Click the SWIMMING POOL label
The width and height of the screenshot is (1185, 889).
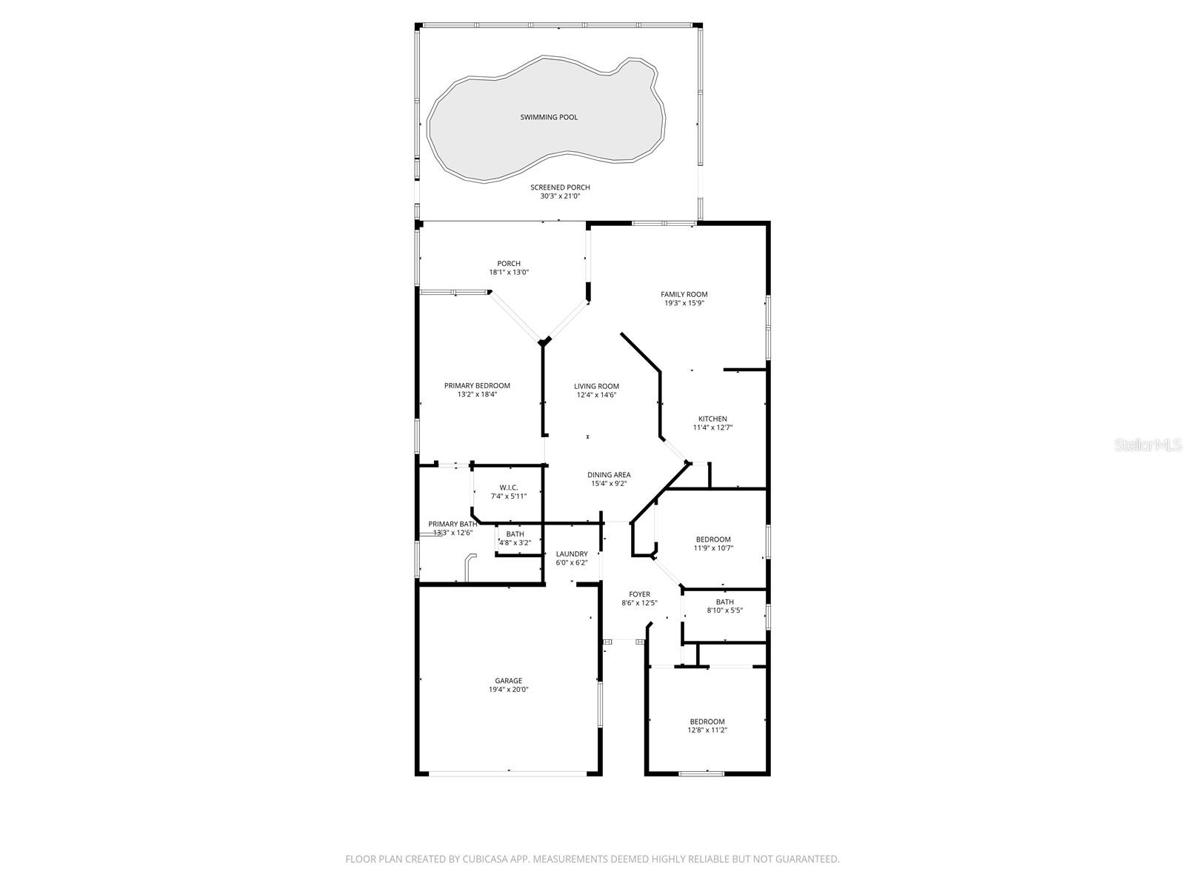(549, 117)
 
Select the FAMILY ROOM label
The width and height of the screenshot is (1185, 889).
(684, 294)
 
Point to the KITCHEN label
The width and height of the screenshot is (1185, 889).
(712, 419)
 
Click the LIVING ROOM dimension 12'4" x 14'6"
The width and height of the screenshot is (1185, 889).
(596, 395)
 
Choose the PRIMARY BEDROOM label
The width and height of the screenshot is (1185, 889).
(477, 385)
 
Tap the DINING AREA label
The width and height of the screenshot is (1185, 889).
(609, 475)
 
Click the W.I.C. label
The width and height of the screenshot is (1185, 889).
(508, 487)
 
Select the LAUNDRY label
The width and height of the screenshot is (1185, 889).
(572, 553)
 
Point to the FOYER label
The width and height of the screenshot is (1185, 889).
(639, 594)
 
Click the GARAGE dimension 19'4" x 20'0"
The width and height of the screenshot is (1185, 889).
(508, 690)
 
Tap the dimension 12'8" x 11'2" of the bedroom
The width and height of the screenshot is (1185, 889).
(707, 730)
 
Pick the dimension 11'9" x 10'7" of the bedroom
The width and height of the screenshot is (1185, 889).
(713, 548)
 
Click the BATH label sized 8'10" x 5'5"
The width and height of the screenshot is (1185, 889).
(725, 602)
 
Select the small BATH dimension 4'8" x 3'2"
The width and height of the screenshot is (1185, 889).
(515, 543)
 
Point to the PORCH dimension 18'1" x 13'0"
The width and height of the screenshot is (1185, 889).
(509, 273)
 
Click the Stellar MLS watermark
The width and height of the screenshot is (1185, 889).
(1152, 445)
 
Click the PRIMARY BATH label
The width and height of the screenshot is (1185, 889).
(453, 524)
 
